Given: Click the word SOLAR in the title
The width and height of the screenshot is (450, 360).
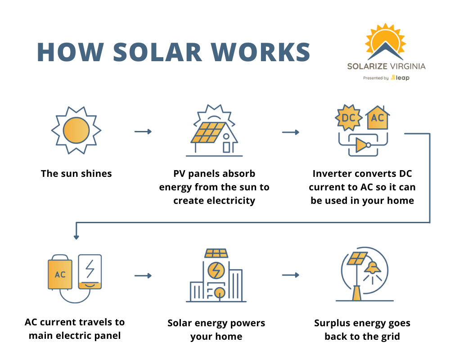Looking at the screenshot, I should tap(157, 52).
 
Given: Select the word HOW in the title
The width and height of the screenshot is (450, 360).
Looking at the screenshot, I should tap(70, 52).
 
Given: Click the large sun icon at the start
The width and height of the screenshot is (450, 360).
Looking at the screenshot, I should tap(76, 130).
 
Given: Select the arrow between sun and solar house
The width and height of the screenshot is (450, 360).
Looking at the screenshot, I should tap(143, 131).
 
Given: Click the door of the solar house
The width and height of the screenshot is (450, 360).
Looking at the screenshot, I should tap(226, 147).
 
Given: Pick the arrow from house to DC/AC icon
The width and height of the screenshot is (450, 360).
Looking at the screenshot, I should tap(291, 132).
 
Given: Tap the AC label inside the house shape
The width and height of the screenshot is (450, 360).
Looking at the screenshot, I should tap(378, 119).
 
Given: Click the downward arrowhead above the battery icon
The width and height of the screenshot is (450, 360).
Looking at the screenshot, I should tap(76, 237).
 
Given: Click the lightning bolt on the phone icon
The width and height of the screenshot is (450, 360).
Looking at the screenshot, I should tap(90, 268).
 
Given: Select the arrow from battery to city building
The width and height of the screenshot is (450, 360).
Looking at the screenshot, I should tap(143, 275).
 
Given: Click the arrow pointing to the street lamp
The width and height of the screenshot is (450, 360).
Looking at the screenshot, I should tap(291, 274).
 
